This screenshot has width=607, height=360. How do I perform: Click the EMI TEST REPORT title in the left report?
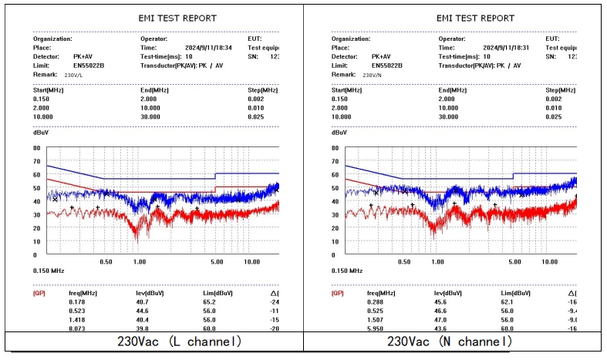pos(177,18)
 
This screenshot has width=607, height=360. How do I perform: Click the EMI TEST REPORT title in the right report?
pos(475,18)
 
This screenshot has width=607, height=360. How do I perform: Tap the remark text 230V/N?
pos(373,75)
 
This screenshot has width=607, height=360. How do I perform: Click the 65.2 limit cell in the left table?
pos(210,303)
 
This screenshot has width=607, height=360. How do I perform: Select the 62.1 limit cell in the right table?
pos(508,303)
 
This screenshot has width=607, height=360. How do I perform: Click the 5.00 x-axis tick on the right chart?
pos(515,262)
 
